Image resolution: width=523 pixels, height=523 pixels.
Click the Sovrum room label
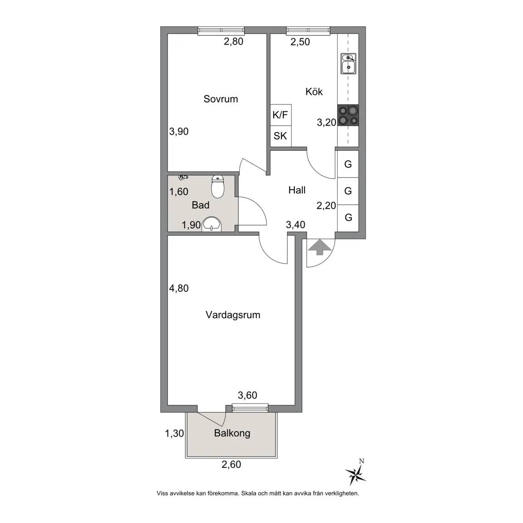point(221,99)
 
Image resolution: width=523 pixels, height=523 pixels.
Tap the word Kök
point(314,91)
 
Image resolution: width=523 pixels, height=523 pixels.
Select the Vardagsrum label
point(233,315)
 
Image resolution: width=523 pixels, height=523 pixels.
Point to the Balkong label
point(232,433)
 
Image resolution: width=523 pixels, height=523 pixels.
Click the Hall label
point(297,190)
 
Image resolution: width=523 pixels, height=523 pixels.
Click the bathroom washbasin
point(212,224)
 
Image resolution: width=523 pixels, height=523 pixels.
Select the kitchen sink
point(348,64)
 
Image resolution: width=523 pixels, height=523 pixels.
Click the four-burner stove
point(348,115)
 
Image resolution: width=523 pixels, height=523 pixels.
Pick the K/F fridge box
point(281,115)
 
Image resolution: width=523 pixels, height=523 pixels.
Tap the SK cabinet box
point(281,136)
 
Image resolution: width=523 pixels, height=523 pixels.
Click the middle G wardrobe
point(348,191)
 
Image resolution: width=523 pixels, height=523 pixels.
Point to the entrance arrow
point(320,247)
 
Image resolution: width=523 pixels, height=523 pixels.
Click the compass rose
point(356,474)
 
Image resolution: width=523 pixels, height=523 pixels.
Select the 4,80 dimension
point(179,288)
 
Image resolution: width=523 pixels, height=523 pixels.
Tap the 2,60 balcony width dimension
point(231,464)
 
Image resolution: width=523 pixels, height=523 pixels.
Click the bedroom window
point(221,31)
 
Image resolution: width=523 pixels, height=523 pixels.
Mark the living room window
point(250,407)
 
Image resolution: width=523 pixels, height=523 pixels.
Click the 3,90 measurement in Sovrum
point(179,131)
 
